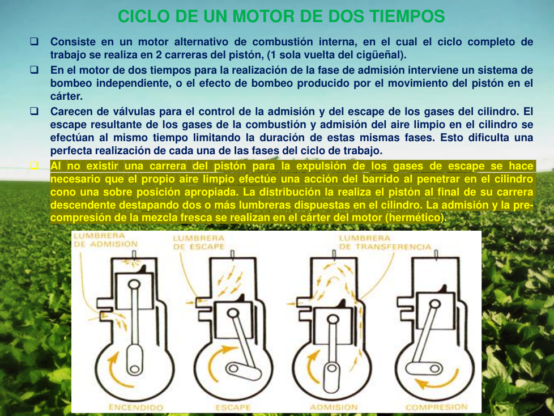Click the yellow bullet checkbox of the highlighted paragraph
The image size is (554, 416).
coord(34,165)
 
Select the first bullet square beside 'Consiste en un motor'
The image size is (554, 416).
coord(34,41)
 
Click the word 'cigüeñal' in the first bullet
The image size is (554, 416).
coord(382,55)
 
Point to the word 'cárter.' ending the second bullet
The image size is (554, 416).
coord(66,96)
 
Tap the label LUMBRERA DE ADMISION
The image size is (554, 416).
coord(105,240)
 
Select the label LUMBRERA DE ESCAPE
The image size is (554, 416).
coord(199,243)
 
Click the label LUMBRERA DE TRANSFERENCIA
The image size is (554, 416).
coord(385,243)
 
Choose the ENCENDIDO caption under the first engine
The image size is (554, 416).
coord(136,407)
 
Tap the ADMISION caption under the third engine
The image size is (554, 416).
coord(334,407)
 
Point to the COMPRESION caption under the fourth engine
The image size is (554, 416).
coord(436,407)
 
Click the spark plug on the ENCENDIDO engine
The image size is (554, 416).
coord(134,254)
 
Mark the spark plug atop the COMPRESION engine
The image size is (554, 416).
coord(436,255)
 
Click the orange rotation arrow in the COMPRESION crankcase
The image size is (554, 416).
coord(438,380)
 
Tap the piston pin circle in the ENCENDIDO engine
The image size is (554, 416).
coord(134,285)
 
